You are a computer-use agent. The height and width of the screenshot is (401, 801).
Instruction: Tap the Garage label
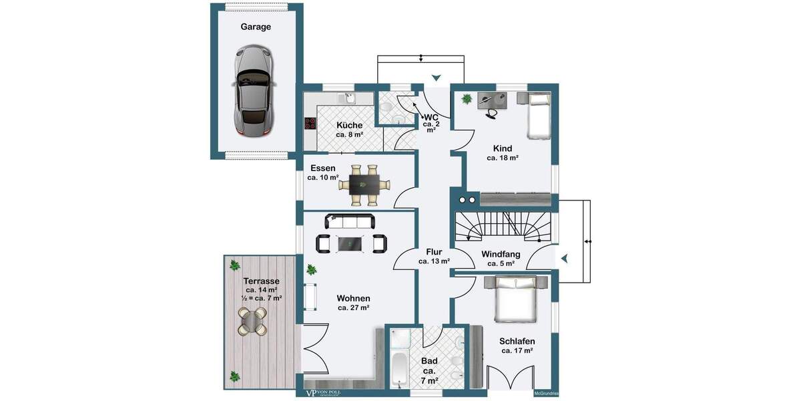pos(256,27)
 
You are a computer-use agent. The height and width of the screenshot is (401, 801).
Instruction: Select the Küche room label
pos(349,125)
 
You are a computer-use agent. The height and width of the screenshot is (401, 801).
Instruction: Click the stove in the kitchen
pos(310,123)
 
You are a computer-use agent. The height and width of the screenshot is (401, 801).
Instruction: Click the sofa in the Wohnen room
pos(350,221)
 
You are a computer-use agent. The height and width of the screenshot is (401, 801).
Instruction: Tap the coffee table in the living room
pos(350,244)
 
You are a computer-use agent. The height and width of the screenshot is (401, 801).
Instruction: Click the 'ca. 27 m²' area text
pos(353,308)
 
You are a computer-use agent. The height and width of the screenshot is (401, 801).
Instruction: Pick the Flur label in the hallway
pos(434,251)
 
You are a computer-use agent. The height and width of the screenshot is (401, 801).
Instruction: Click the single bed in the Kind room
pos(538,116)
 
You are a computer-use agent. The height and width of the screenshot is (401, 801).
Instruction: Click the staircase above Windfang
pos(505,227)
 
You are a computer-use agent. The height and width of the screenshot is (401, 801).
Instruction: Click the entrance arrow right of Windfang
pos(564,258)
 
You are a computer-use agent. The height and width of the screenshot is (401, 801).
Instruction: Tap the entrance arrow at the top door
pos(436,78)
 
